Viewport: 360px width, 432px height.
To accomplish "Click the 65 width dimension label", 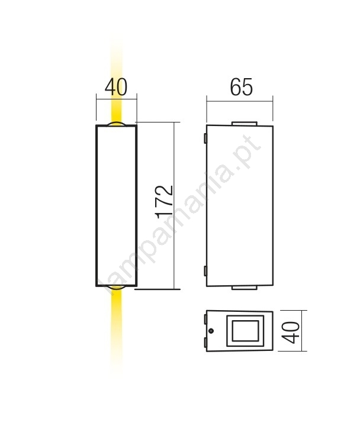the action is coord(241,87).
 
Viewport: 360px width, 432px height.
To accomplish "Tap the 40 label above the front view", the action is coord(116,87).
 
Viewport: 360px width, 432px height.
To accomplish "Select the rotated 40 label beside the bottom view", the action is coord(292,332).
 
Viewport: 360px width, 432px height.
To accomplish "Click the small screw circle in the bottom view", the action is coord(211,331).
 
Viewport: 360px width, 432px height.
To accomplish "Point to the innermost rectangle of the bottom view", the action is coord(245,331).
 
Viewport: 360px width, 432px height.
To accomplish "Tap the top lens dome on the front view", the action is coord(116,124).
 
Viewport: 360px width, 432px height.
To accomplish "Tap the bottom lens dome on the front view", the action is coord(116,288).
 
